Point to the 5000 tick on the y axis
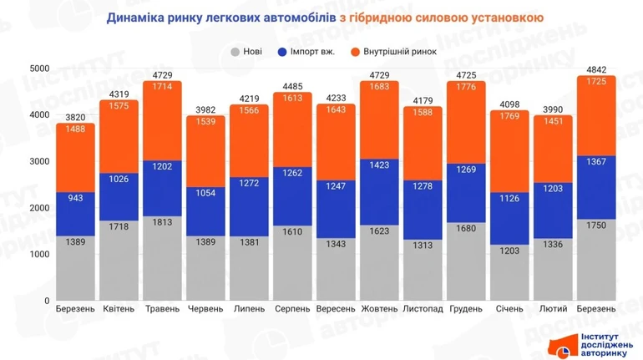point(39,68)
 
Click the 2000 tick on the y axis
point(39,208)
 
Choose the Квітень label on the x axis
point(119,309)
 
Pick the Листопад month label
point(423,309)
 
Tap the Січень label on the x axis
point(509,309)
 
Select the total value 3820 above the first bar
point(76,118)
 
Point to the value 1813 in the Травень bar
point(162,222)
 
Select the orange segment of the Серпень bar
point(293,134)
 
